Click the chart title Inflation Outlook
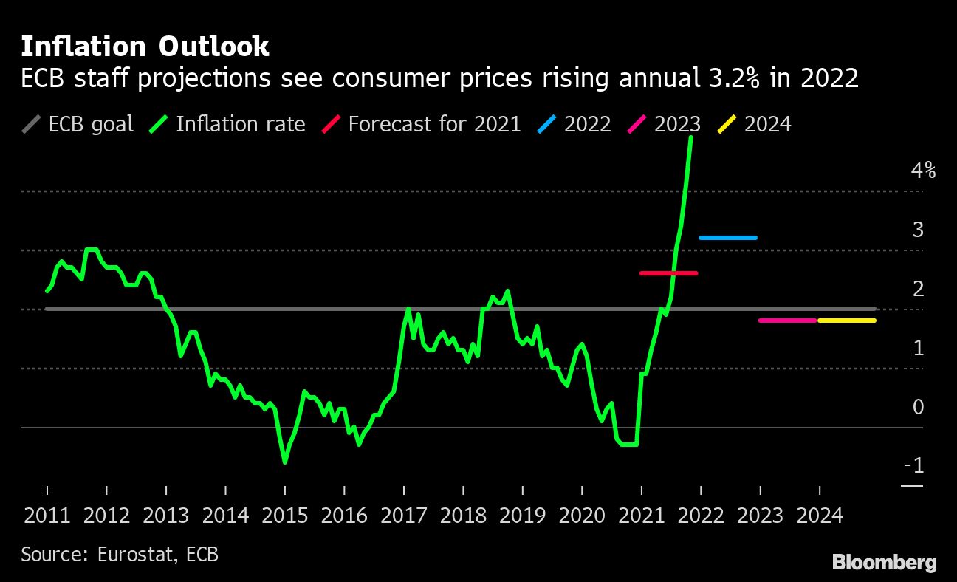[x=145, y=47]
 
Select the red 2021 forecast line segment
[x=668, y=273]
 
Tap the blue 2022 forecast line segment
[x=728, y=238]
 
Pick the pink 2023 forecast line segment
[x=787, y=321]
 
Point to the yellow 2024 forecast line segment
[x=846, y=321]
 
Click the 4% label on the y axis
[x=923, y=171]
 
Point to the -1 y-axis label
[x=913, y=465]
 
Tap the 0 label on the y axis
[x=918, y=407]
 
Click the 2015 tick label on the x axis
[x=285, y=516]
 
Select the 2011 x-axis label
[x=47, y=516]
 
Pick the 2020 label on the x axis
[x=582, y=516]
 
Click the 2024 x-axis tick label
[x=820, y=516]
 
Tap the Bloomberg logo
[x=884, y=563]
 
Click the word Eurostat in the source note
[x=135, y=554]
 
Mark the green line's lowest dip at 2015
[x=285, y=462]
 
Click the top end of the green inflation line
[x=691, y=137]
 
